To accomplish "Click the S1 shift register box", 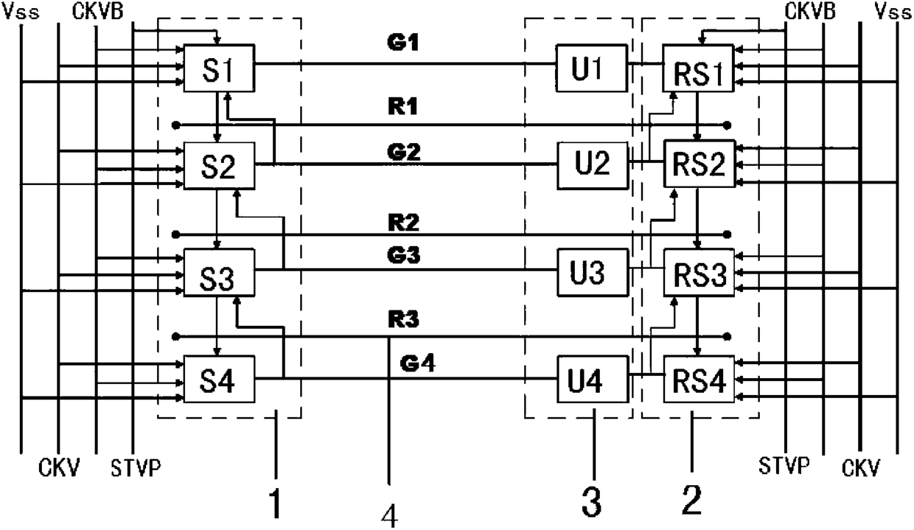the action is pos(219,68).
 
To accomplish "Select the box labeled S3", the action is pos(219,273).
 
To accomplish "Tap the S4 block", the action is pos(219,379).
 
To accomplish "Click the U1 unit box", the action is pos(592,68).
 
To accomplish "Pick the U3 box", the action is pos(593,273).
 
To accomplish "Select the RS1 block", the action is pos(698,68).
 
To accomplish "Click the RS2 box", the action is pos(700,164).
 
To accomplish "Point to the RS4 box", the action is pos(699,379).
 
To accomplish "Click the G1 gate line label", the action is pos(403,42).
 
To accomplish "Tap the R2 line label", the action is pos(403,223).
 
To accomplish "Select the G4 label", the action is pos(417,363).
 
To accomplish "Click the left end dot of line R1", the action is pos(176,125).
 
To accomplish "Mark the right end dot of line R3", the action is pos(727,337).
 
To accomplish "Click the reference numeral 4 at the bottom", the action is pos(390,516).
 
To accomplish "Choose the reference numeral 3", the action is pos(591,502).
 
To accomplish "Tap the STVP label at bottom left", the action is pos(136,468).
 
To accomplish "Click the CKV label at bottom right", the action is pos(861,467).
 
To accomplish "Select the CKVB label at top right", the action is pos(810,11).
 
